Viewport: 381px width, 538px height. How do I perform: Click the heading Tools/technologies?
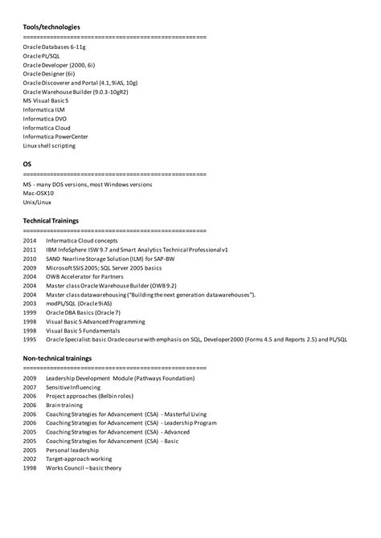pyautogui.click(x=51, y=26)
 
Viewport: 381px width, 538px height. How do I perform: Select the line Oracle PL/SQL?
pyautogui.click(x=42, y=56)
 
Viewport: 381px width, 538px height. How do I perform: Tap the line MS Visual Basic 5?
pyautogui.click(x=46, y=100)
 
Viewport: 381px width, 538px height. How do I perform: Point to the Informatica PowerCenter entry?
pyautogui.click(x=55, y=137)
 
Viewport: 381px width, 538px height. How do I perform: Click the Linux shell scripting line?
pyautogui.click(x=49, y=145)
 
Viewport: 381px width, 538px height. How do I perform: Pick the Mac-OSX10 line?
pyautogui.click(x=39, y=193)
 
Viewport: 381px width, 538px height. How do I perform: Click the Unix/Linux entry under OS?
pyautogui.click(x=37, y=202)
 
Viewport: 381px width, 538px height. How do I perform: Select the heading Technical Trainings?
pyautogui.click(x=51, y=220)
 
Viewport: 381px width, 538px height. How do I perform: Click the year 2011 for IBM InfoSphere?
pyautogui.click(x=30, y=250)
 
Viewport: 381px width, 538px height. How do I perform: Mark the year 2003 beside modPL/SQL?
pyautogui.click(x=30, y=304)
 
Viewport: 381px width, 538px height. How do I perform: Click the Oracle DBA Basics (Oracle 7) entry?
pyautogui.click(x=83, y=312)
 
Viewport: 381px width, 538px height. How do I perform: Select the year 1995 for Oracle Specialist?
pyautogui.click(x=30, y=340)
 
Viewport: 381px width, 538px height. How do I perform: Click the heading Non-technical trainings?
pyautogui.click(x=57, y=358)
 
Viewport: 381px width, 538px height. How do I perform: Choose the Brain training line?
pyautogui.click(x=65, y=406)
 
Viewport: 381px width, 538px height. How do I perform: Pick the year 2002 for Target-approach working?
pyautogui.click(x=30, y=459)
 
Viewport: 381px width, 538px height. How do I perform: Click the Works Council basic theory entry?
pyautogui.click(x=84, y=467)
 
